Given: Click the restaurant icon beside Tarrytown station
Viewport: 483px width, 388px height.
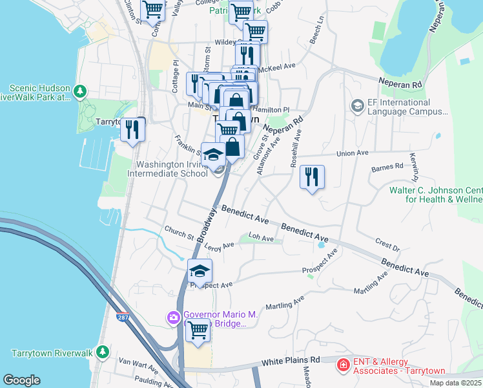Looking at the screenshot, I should (132, 130).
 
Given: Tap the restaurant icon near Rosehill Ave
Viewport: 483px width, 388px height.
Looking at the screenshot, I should (312, 177).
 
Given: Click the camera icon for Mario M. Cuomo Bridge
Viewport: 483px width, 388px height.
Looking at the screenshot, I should (173, 317).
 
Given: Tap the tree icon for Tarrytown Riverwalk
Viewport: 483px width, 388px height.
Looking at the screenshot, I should (102, 352).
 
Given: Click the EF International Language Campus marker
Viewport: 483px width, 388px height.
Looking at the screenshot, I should (357, 105).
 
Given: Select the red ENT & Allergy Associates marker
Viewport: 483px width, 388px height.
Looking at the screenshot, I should (342, 366).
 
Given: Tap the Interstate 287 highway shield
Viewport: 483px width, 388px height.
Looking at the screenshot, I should (123, 317).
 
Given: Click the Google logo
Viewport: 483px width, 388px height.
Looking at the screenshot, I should (22, 380).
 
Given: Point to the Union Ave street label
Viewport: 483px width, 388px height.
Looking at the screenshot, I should (353, 153).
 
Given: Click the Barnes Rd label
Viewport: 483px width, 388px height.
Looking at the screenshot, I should (387, 167).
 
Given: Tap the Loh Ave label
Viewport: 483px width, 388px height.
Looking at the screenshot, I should (262, 238).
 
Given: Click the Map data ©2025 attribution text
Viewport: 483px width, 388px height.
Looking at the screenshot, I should (455, 383).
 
